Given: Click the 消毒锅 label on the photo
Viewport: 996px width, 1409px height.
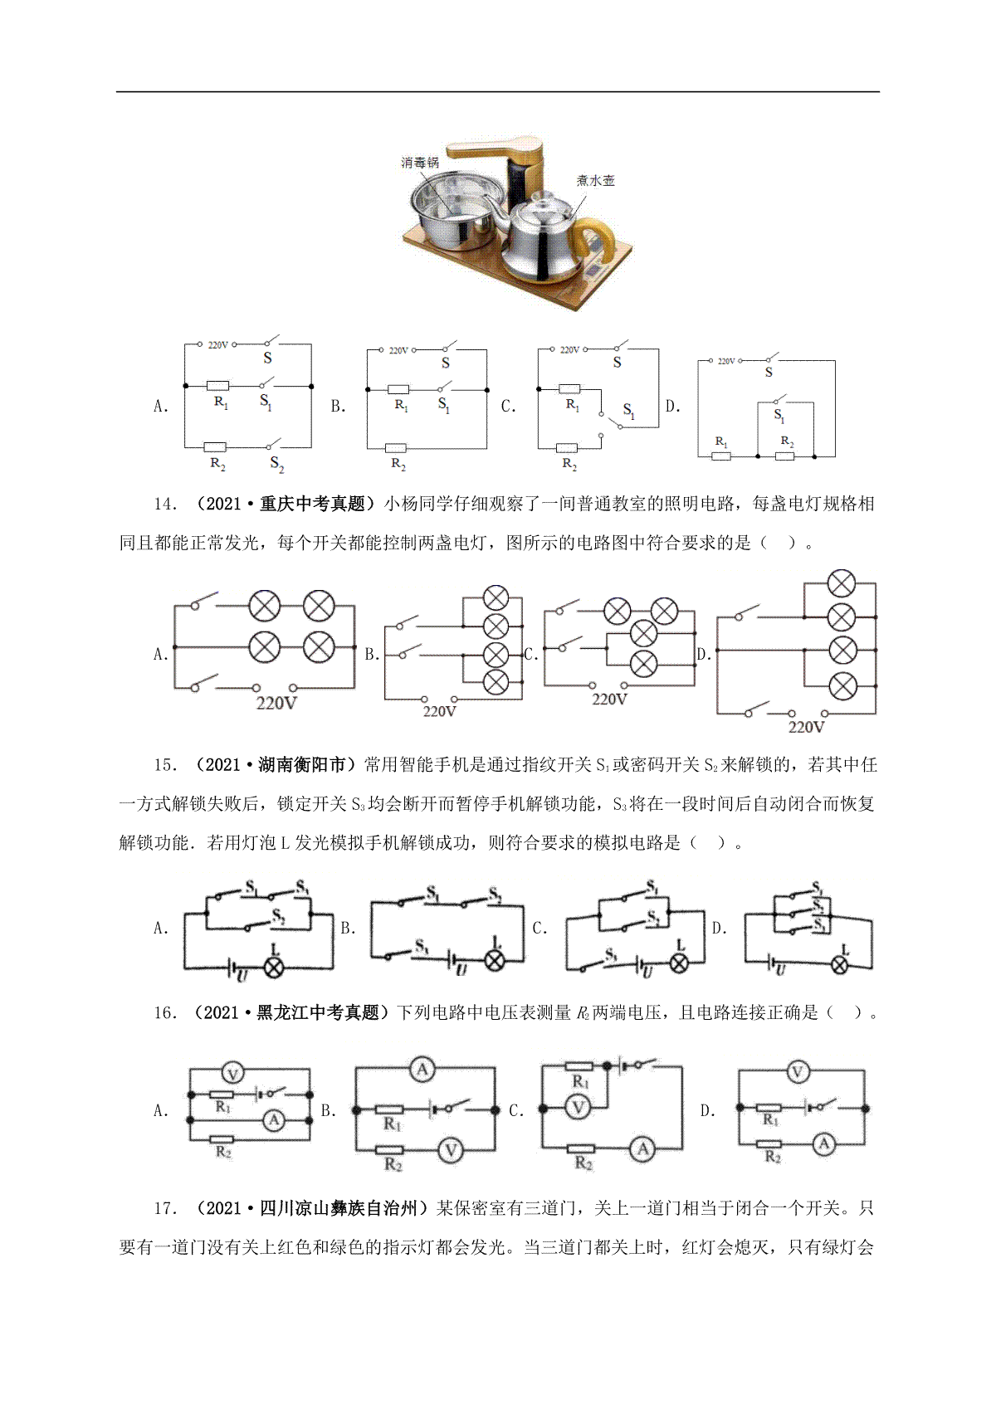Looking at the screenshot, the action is click(420, 163).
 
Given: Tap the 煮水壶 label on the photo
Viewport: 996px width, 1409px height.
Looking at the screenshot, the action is click(595, 181).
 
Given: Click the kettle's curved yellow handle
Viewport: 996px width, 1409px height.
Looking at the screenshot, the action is click(597, 242).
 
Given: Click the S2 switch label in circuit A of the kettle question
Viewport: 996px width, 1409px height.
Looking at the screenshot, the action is click(277, 464).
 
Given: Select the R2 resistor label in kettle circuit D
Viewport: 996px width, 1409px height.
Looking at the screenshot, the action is click(787, 441).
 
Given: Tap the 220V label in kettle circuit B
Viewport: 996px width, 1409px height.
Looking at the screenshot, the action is click(398, 350).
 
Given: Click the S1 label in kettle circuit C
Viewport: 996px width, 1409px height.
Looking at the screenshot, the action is click(628, 411).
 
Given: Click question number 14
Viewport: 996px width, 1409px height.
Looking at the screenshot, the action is click(165, 504).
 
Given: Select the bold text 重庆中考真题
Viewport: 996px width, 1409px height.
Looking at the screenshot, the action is click(312, 504).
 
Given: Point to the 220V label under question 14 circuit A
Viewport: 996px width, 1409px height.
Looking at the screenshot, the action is click(276, 703).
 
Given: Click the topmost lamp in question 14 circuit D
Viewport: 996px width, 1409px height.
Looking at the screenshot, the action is click(842, 583).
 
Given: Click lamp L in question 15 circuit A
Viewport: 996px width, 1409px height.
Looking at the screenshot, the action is click(274, 967).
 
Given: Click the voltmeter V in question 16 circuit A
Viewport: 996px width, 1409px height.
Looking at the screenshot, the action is click(232, 1074).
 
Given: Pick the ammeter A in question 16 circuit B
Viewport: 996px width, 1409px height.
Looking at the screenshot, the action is click(422, 1070).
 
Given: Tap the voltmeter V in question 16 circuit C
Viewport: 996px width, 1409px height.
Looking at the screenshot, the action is click(578, 1108).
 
